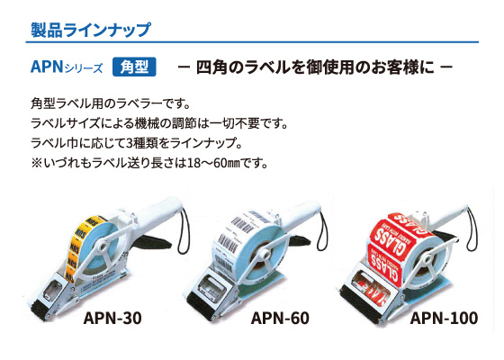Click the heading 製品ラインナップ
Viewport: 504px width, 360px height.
[90, 30]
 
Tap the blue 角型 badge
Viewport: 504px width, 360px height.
[134, 67]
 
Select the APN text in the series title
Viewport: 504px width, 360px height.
[47, 67]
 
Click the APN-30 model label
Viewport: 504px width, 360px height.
[112, 319]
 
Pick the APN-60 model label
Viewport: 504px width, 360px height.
[280, 319]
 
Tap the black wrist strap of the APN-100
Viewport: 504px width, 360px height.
[473, 229]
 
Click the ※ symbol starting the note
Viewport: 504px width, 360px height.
[36, 164]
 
